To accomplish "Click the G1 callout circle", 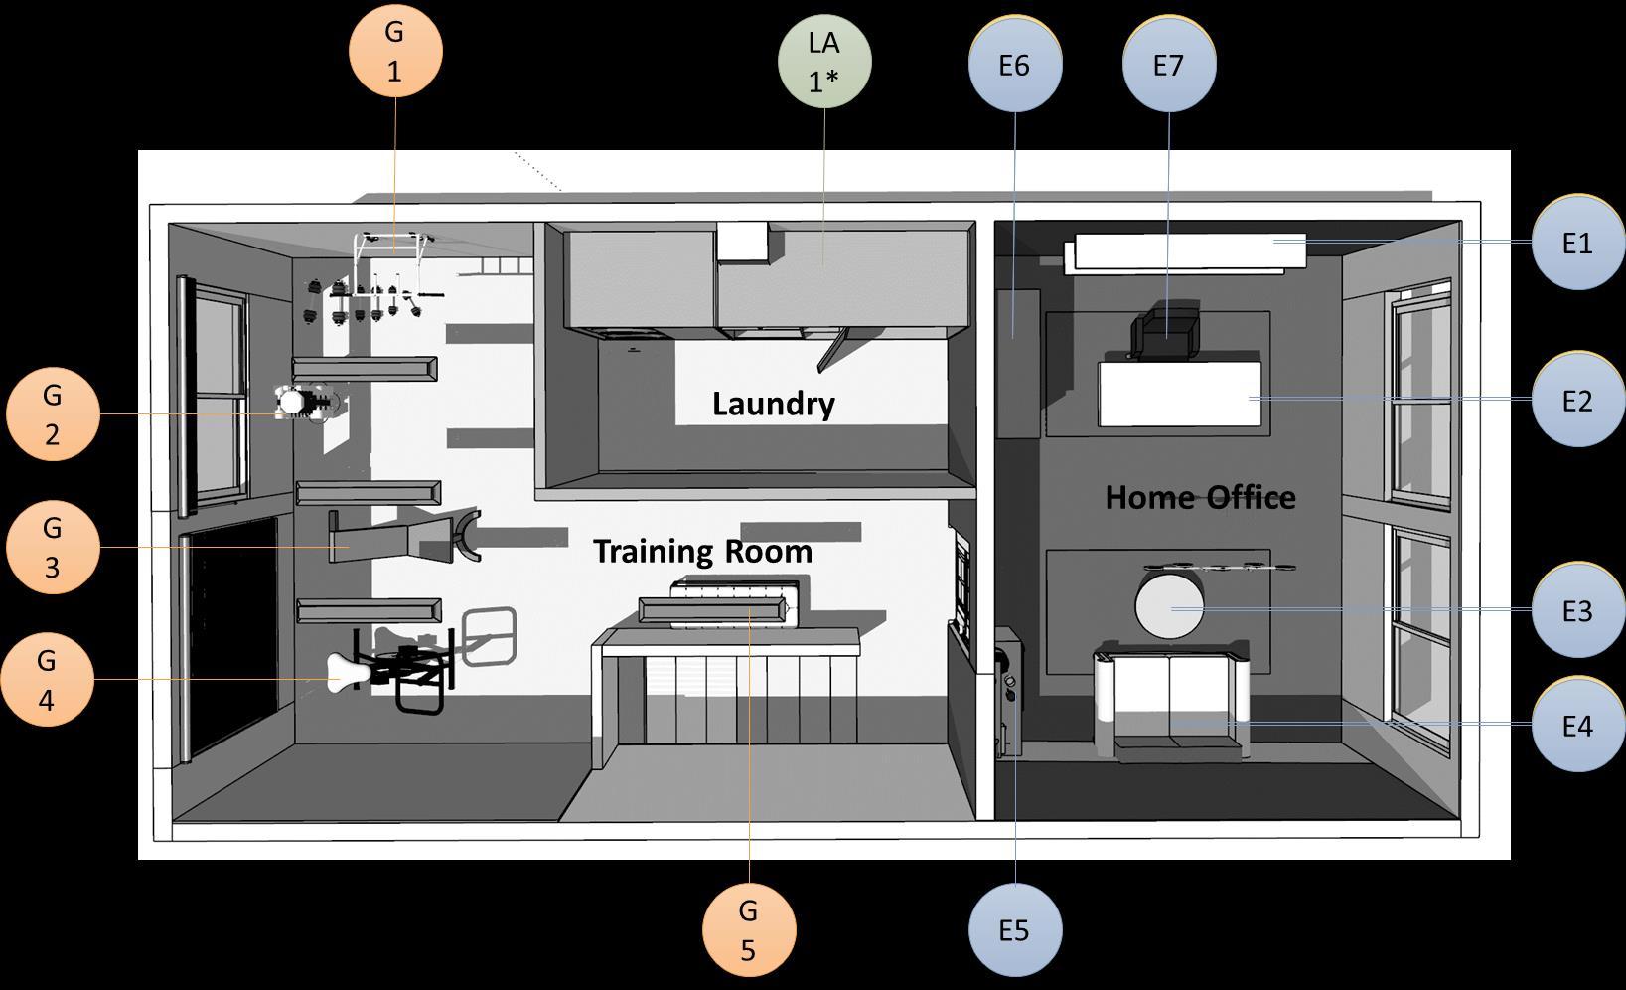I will (395, 51).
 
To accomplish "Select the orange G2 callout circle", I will (53, 414).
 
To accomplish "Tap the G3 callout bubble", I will (53, 548).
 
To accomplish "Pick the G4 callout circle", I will (47, 680).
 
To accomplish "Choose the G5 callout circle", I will (748, 930).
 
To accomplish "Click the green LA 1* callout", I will (824, 60).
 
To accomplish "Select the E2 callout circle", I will (1577, 401).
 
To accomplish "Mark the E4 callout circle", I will (1577, 726).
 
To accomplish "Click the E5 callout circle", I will (1014, 930).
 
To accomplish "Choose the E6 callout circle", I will (1014, 65).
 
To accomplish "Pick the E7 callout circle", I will (1168, 65).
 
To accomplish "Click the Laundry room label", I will (773, 404).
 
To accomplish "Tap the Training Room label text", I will (702, 551).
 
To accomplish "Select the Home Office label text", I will (1200, 497).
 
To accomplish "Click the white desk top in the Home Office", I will (1179, 394).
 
